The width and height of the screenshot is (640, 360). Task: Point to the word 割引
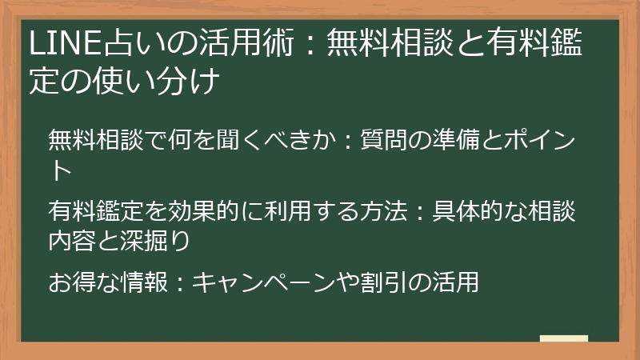[382, 282]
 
